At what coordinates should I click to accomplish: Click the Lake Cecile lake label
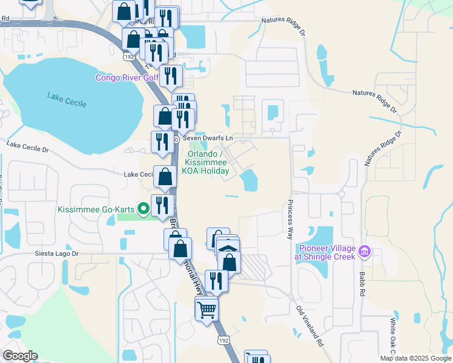tap(66, 99)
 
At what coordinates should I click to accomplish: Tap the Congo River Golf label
tap(127, 77)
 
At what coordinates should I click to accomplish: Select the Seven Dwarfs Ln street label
tap(207, 139)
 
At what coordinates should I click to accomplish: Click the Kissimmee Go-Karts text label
tap(96, 210)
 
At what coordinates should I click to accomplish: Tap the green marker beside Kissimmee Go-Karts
tap(144, 210)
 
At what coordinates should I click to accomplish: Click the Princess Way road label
tap(291, 219)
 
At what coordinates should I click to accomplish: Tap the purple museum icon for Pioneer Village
tap(364, 250)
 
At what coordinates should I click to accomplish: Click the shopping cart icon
tap(207, 309)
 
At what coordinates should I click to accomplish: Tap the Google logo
tap(20, 356)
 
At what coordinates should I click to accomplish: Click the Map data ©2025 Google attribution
tap(415, 358)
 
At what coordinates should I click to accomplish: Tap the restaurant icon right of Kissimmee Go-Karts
tap(162, 204)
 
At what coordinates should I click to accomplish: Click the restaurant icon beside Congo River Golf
tap(171, 76)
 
